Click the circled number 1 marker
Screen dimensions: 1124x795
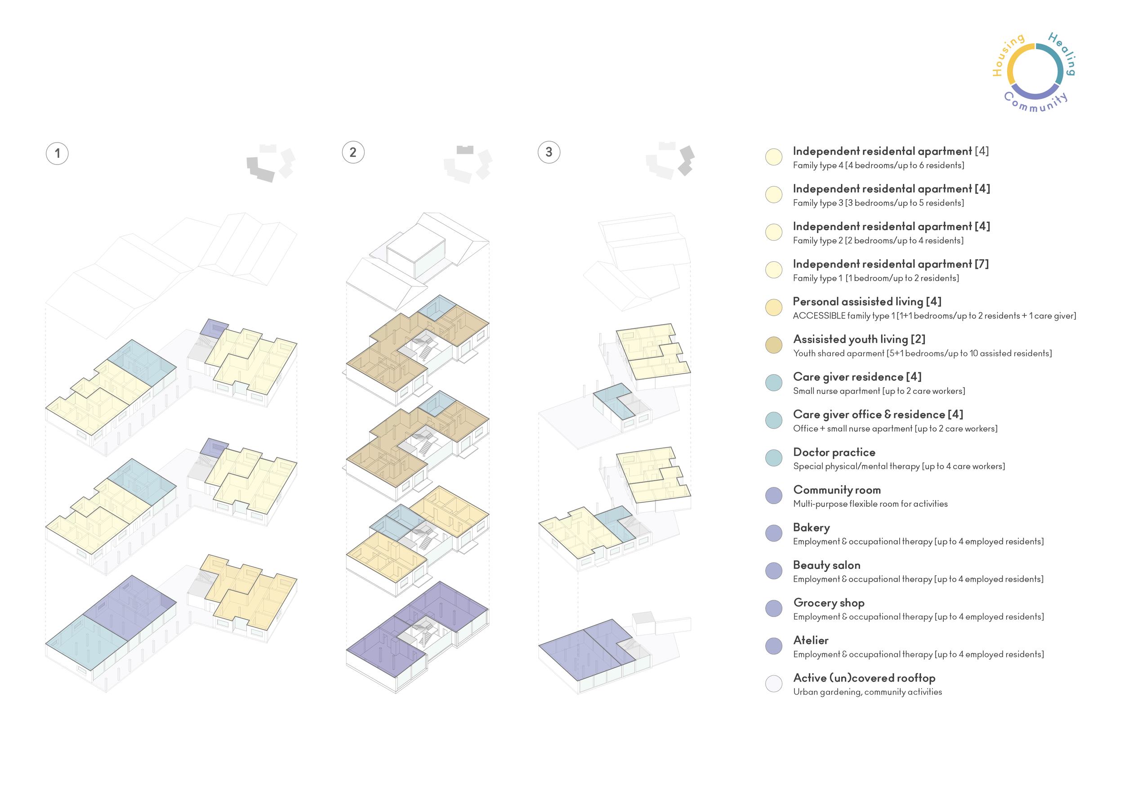click(x=57, y=153)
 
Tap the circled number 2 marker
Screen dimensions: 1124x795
click(x=353, y=152)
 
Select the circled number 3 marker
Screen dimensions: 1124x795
click(x=549, y=152)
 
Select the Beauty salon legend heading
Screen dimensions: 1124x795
click(x=826, y=565)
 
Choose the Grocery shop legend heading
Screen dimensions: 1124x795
click(x=829, y=603)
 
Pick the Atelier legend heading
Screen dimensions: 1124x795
click(x=811, y=640)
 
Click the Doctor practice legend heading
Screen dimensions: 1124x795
click(x=834, y=452)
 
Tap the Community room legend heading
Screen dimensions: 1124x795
click(x=837, y=490)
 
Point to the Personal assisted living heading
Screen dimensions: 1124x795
click(x=867, y=302)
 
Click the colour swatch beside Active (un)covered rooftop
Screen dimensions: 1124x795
click(x=773, y=683)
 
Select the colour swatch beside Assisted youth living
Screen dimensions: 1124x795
click(x=773, y=344)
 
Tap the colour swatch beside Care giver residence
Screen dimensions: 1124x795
click(x=773, y=382)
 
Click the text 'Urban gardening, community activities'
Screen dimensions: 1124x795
click(x=867, y=692)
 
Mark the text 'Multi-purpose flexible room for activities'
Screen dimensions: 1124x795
click(x=870, y=504)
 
